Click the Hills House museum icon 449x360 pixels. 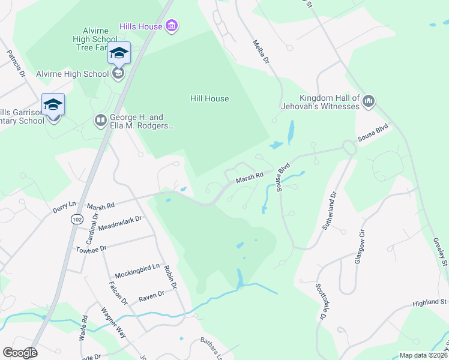172,26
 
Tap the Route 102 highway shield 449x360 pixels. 76,218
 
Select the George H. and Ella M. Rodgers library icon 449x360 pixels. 100,122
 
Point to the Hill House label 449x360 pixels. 209,98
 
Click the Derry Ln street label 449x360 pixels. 65,208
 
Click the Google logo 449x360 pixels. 20,353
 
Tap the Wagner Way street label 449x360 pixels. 113,324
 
